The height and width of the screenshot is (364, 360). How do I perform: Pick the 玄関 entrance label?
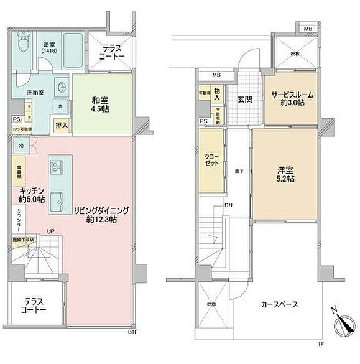(244, 99)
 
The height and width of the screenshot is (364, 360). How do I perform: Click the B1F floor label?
(132, 332)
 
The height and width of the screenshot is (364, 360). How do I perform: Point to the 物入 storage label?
(216, 94)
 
